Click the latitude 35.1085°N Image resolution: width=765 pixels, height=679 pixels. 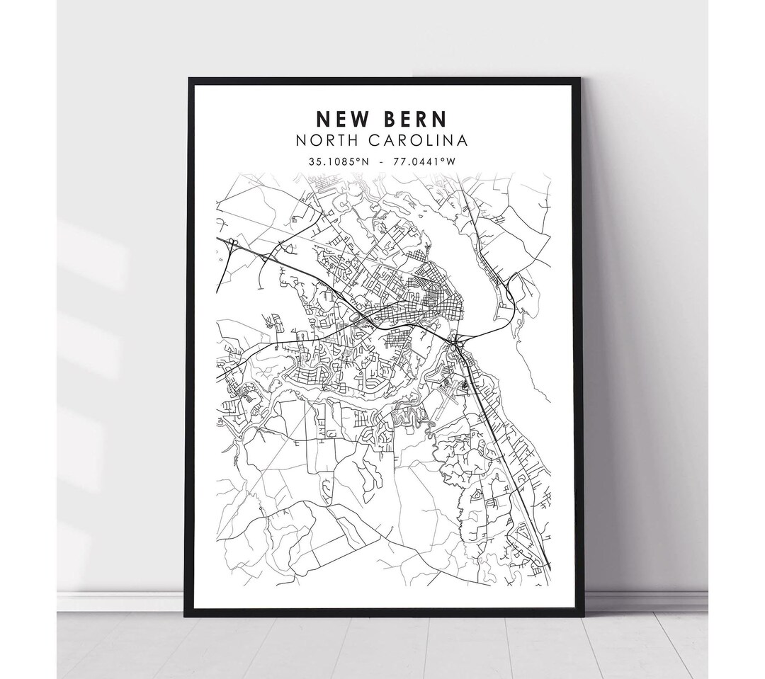(x=339, y=161)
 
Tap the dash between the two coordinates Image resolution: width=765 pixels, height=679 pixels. (x=382, y=161)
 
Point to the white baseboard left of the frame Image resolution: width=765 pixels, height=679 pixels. (x=120, y=600)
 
